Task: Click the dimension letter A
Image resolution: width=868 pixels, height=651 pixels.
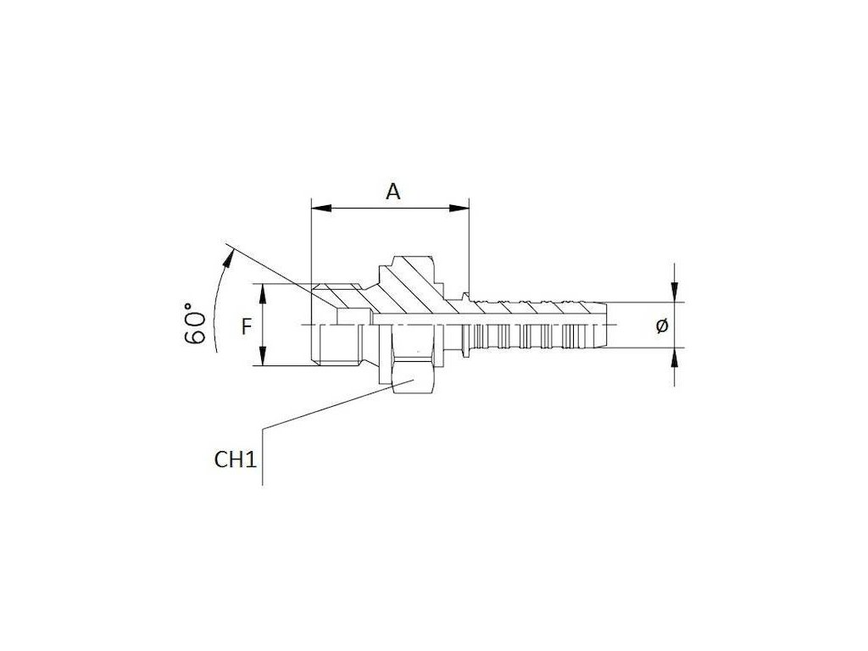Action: (x=392, y=191)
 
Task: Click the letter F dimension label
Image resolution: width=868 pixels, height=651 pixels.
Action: (x=247, y=325)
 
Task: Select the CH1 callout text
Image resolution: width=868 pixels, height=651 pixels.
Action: (x=235, y=460)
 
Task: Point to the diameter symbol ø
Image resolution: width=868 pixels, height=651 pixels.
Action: (x=663, y=325)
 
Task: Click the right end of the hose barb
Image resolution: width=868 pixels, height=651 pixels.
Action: (x=605, y=325)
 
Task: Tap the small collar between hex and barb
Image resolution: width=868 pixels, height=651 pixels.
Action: (x=465, y=325)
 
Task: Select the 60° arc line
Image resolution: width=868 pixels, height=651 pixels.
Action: (x=212, y=297)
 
